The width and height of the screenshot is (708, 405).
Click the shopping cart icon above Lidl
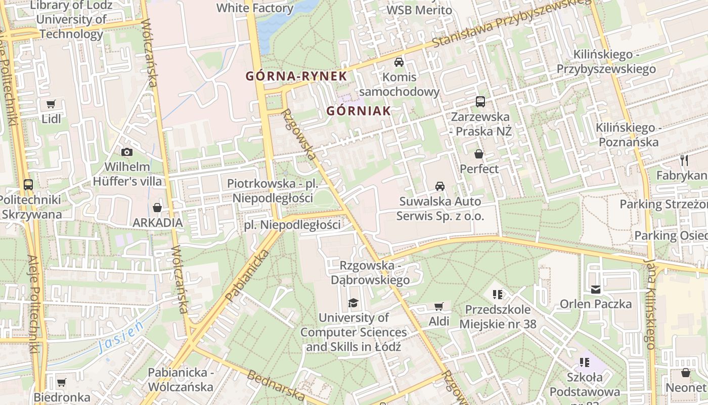point(51,104)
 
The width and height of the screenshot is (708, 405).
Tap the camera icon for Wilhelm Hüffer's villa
point(127,152)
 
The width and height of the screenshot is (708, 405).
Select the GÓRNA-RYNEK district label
point(296,76)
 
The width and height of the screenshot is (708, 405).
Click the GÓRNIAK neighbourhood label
point(359,111)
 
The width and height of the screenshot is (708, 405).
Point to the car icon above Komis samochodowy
point(399,62)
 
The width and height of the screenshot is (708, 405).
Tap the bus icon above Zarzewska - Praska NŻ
point(480,102)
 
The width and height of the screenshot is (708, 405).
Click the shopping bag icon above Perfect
point(478,154)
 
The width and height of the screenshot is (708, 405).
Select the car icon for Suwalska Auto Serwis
point(440,186)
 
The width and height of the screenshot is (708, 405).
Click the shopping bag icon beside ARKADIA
point(157,208)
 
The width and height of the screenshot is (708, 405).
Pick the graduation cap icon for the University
point(353,303)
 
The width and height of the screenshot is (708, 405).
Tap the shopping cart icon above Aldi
point(438,306)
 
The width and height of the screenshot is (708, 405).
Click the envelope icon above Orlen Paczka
point(595,289)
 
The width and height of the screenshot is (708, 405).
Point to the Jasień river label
point(121,338)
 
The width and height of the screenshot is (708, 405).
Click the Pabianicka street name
point(246,276)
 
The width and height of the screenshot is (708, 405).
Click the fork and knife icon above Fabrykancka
point(684,160)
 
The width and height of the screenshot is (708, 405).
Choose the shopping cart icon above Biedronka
point(61,382)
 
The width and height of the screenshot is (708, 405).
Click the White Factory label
point(255,8)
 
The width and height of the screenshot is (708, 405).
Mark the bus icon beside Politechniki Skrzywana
point(28,185)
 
